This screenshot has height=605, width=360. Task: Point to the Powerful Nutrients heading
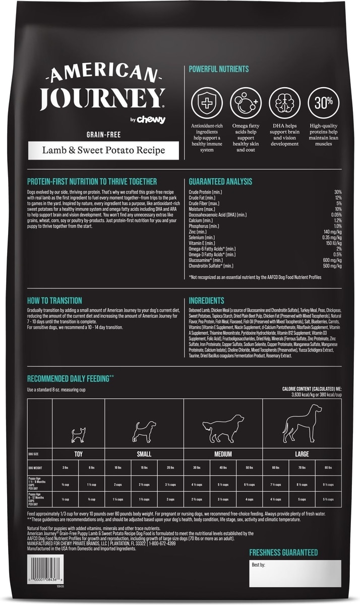pyautogui.click(x=218, y=69)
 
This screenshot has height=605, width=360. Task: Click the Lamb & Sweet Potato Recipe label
pyautogui.click(x=103, y=150)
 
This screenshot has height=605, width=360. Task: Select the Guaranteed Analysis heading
pyautogui.click(x=220, y=181)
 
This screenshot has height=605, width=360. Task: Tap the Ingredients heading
pyautogui.click(x=207, y=299)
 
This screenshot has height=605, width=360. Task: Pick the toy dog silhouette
pyautogui.click(x=79, y=434)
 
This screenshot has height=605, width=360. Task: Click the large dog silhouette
pyautogui.click(x=303, y=423)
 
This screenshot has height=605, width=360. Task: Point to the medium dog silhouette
pyautogui.click(x=223, y=429)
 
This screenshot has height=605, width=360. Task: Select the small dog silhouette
pyautogui.click(x=144, y=432)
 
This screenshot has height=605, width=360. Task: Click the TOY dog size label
pyautogui.click(x=79, y=454)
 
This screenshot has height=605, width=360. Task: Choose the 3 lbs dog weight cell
pyautogui.click(x=66, y=467)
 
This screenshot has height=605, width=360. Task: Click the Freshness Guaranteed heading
pyautogui.click(x=283, y=553)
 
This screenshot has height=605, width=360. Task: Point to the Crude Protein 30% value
pyautogui.click(x=338, y=192)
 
